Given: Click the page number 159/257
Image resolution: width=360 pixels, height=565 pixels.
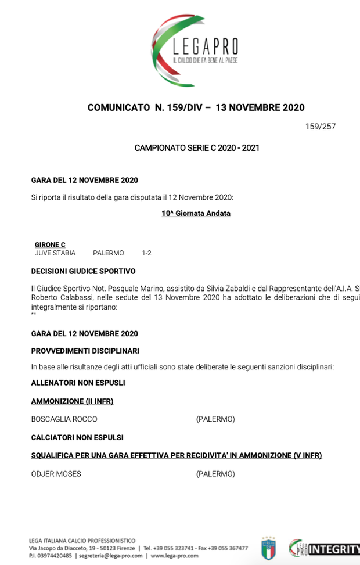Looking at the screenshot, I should pos(321,126).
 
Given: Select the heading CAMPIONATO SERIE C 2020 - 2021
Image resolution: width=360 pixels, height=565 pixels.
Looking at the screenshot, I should pos(197,148).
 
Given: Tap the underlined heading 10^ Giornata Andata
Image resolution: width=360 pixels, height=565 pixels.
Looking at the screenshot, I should pos(196,213).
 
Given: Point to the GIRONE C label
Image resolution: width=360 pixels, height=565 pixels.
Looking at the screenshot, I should pos(50,245).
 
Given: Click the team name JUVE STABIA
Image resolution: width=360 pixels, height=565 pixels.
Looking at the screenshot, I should pos(55,253).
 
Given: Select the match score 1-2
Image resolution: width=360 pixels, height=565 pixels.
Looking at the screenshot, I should pos(146,253).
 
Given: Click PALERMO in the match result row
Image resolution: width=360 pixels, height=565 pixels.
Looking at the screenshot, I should pos(108,253).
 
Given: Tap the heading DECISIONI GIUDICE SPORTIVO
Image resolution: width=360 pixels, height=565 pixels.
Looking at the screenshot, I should pos(83,271).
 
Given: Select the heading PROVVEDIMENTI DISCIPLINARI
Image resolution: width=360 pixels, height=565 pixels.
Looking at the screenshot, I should pos(85,351).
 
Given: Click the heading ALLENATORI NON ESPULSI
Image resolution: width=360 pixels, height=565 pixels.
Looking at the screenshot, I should pos(78,383).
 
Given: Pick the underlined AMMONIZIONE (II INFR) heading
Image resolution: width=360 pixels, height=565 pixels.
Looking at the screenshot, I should pos(72,401).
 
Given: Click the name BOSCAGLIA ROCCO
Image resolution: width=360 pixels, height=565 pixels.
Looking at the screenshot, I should pos(64,419).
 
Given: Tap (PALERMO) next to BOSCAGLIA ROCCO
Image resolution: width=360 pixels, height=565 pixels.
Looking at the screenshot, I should pos(215,419).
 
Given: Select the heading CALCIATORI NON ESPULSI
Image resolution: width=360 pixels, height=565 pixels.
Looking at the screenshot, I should pos(77,437).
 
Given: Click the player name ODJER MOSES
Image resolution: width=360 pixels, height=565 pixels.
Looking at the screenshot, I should pos(56,474).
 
